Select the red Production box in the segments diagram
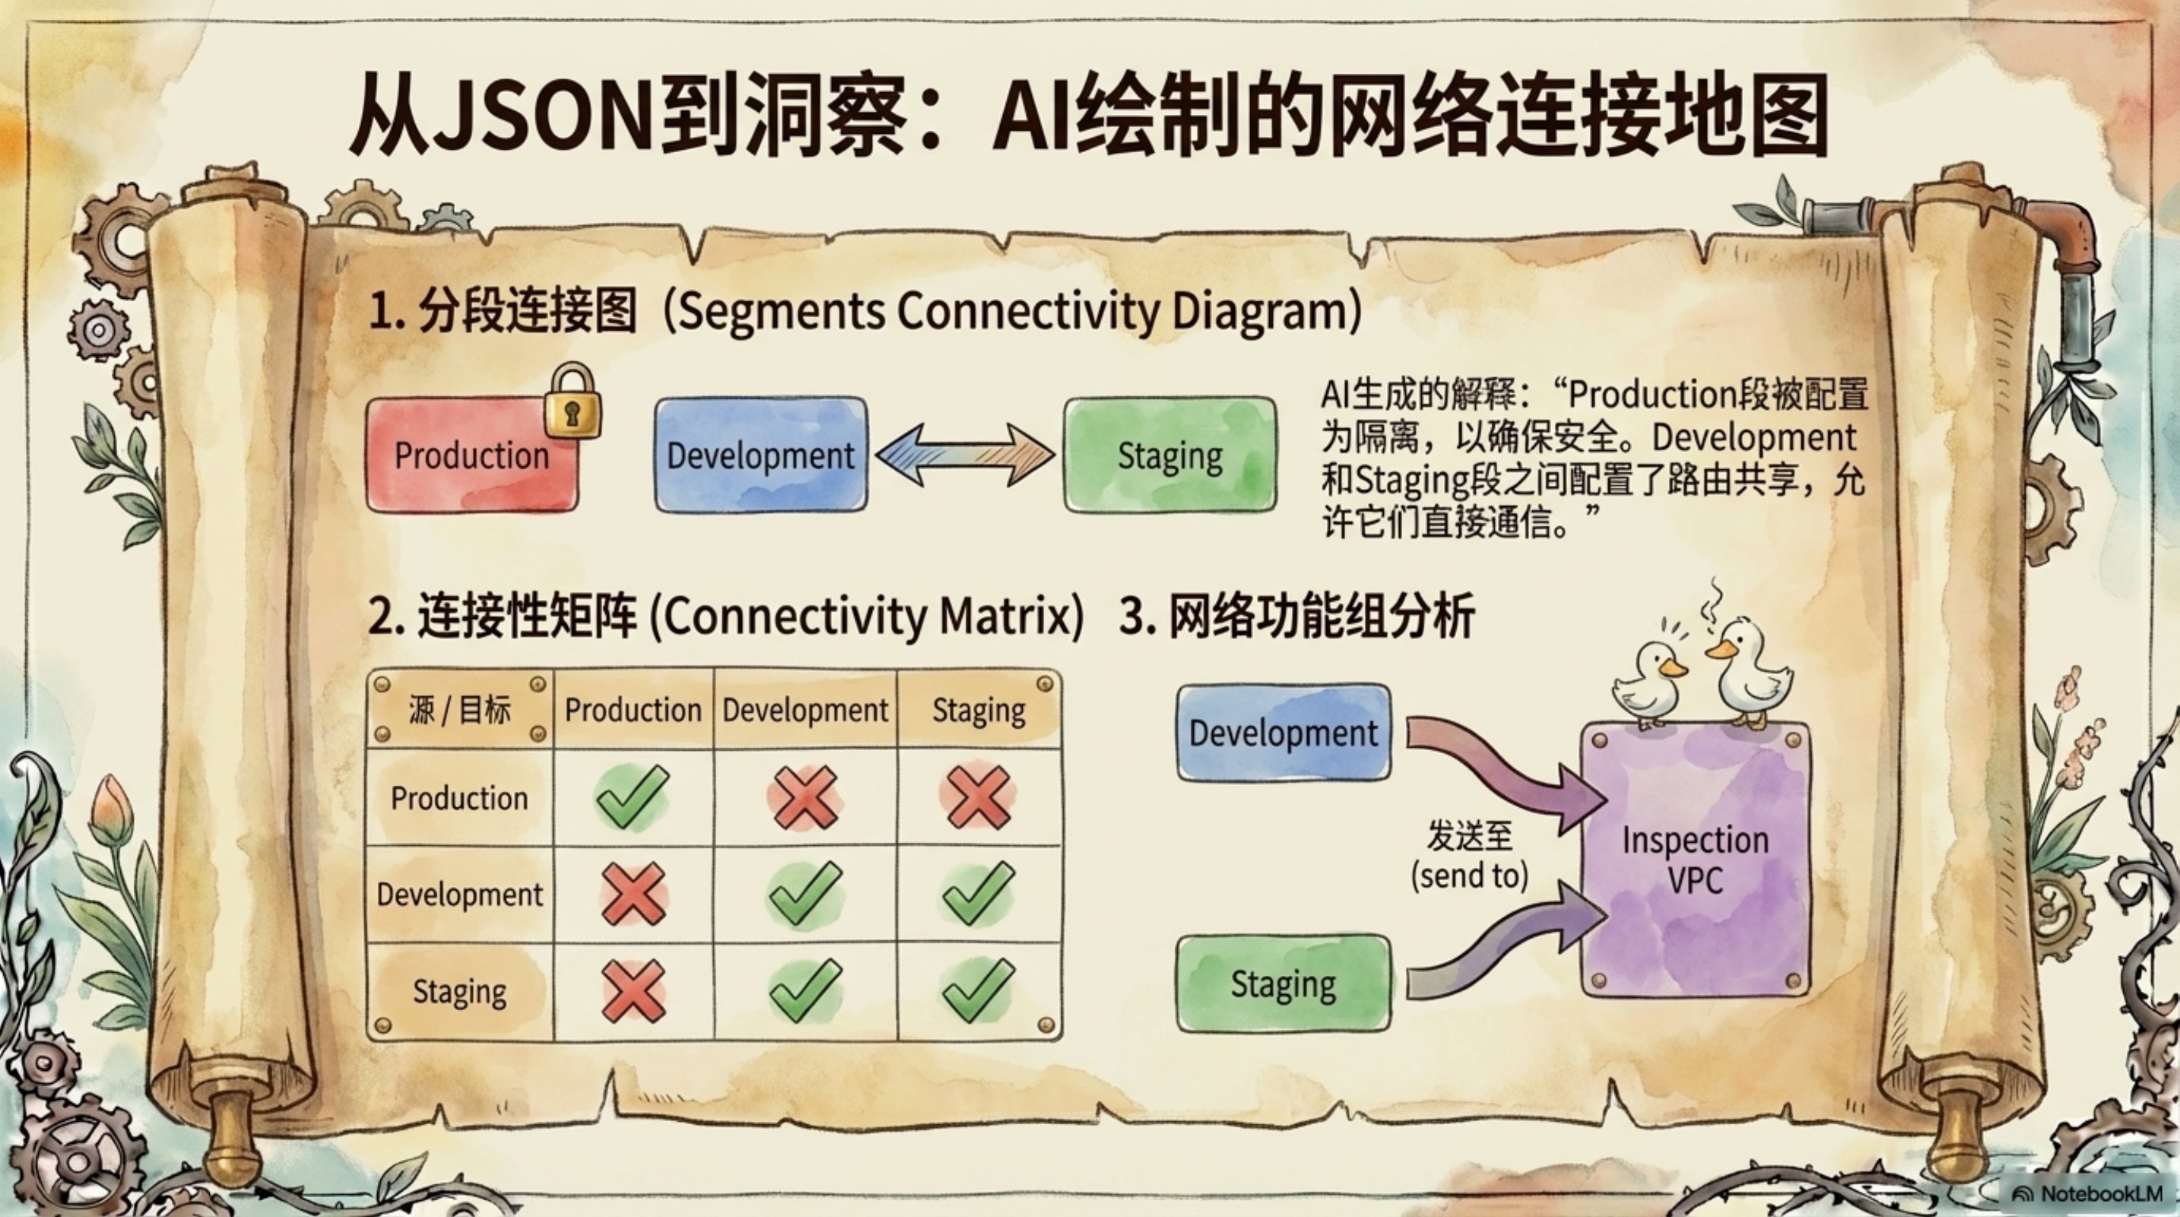(x=472, y=456)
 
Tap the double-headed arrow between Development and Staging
(x=966, y=456)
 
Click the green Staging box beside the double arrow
(x=1170, y=456)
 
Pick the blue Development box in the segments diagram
(x=762, y=456)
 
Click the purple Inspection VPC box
(x=1695, y=859)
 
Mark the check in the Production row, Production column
(x=632, y=796)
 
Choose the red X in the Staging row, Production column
(x=633, y=991)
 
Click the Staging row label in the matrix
(x=459, y=991)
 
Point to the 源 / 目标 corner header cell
(x=459, y=709)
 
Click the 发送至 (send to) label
(x=1470, y=855)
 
